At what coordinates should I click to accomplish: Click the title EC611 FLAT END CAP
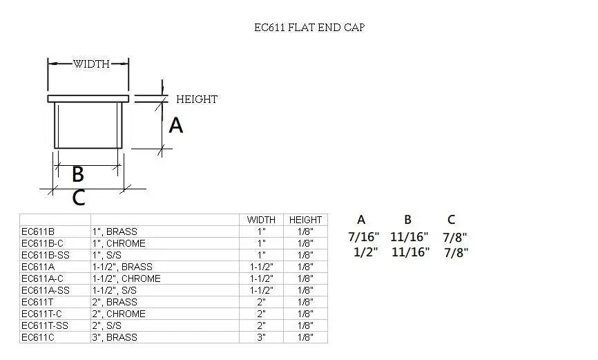[x=309, y=28]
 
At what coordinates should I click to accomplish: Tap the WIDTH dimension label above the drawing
[x=91, y=64]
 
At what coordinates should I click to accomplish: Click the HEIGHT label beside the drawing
[x=196, y=100]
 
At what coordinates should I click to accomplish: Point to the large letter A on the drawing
[x=176, y=125]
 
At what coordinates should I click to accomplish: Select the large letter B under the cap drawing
[x=78, y=173]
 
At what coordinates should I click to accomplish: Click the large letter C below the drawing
[x=79, y=198]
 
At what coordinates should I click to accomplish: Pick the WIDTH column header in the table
[x=261, y=220]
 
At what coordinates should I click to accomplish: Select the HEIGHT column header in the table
[x=305, y=220]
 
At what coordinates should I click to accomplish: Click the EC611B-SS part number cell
[x=45, y=255]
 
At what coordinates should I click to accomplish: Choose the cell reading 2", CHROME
[x=119, y=314]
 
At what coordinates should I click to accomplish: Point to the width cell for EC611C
[x=261, y=337]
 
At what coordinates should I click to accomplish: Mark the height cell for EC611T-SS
[x=305, y=325]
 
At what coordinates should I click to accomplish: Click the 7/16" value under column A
[x=363, y=237]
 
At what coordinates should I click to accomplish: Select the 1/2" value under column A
[x=366, y=252]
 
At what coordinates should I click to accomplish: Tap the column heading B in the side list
[x=407, y=220]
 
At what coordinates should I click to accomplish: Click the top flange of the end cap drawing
[x=88, y=99]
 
